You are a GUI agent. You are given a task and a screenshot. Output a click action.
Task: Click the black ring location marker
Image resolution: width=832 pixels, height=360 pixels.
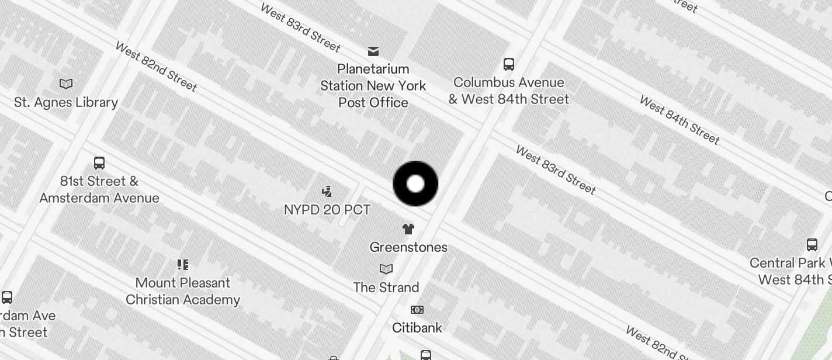click(415, 184)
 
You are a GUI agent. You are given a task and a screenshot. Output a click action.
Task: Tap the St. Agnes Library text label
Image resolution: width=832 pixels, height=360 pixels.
click(66, 102)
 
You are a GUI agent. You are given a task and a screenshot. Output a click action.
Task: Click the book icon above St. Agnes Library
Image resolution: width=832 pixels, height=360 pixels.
click(66, 84)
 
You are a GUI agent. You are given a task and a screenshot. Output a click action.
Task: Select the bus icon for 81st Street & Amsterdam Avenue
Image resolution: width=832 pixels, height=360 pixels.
click(99, 163)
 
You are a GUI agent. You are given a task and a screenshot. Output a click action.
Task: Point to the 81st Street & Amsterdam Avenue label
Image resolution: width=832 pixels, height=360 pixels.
click(99, 189)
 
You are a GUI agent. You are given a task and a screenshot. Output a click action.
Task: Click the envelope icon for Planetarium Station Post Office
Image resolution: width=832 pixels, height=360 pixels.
click(373, 51)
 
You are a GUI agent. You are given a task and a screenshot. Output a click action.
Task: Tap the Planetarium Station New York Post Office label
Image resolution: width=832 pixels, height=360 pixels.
click(373, 85)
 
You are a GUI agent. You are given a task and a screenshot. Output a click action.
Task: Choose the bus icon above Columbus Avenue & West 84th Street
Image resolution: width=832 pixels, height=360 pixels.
click(509, 64)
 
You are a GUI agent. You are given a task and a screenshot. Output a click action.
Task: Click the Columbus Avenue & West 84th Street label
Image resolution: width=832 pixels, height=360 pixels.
click(509, 91)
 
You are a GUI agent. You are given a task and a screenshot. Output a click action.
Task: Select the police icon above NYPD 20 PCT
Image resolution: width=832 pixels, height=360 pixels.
click(327, 191)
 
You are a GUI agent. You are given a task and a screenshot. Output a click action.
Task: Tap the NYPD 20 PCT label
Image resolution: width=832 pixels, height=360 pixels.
click(327, 209)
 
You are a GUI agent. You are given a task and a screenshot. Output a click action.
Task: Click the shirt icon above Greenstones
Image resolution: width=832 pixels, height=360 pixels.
click(408, 229)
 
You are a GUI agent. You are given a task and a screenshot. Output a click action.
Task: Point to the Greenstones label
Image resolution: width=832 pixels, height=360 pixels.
click(408, 247)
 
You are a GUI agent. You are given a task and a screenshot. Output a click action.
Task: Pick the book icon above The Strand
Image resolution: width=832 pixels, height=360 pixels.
click(386, 269)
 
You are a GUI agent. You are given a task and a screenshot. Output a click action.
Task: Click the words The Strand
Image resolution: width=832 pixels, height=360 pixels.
click(386, 288)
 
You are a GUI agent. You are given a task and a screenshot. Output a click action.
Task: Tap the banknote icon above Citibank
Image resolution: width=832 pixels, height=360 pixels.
click(417, 310)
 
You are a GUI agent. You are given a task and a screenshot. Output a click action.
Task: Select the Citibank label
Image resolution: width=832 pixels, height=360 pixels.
click(417, 328)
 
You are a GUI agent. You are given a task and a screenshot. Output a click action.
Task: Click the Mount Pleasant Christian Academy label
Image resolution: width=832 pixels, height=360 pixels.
click(183, 291)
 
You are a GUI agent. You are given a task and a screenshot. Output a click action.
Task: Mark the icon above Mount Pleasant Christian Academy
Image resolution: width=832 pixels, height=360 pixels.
click(183, 265)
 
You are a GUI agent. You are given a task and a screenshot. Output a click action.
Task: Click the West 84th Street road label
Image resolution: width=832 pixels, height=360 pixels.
click(680, 120)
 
